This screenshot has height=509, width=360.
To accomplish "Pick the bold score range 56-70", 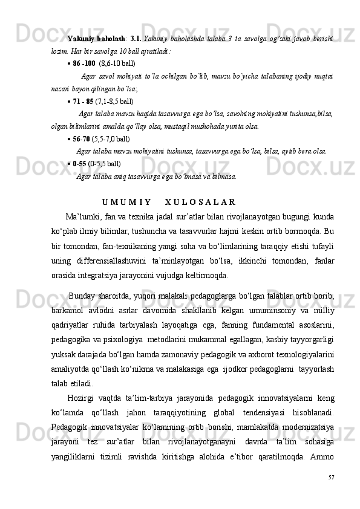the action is click(81, 138).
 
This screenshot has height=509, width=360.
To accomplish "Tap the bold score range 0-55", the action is click(79, 163).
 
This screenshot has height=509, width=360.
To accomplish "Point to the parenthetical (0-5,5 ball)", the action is click(104, 163).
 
